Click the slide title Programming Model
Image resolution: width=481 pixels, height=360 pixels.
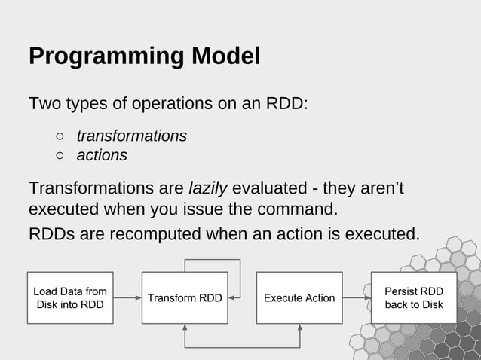(144, 56)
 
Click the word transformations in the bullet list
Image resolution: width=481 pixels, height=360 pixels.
(131, 136)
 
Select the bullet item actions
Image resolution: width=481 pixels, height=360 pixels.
(102, 155)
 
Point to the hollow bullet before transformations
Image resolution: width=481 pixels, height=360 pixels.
(60, 136)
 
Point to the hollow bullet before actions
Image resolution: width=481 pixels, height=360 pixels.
(60, 156)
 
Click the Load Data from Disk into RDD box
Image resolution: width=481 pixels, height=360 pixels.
(70, 297)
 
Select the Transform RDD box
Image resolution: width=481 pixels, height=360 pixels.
(185, 297)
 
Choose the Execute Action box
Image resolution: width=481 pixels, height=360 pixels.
(299, 297)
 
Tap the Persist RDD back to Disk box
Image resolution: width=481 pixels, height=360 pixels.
(413, 297)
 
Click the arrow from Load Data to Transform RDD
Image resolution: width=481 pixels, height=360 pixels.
(127, 297)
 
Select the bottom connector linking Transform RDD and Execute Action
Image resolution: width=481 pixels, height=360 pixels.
(242, 347)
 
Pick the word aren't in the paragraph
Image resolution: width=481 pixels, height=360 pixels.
(378, 188)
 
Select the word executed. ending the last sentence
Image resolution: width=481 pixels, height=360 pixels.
(381, 234)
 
